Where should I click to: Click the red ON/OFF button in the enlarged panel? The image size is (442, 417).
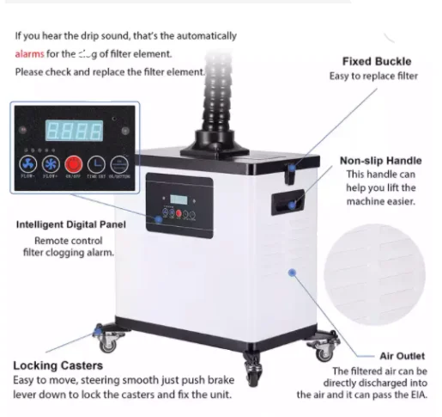click(x=74, y=163)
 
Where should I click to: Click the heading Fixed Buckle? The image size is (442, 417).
click(x=376, y=62)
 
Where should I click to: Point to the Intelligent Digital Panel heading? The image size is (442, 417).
click(x=71, y=225)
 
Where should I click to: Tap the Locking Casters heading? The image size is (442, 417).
click(x=58, y=366)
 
